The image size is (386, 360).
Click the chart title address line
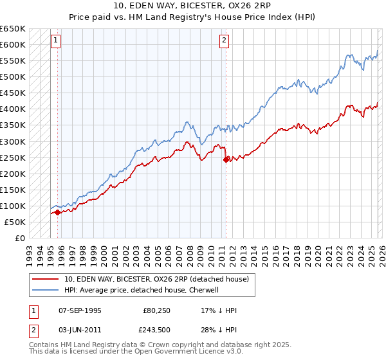192,6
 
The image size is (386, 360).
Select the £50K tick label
15,222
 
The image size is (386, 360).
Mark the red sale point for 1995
58,212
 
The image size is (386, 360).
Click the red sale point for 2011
225,159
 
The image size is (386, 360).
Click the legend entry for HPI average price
142,290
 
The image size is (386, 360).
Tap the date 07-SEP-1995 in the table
79,310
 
